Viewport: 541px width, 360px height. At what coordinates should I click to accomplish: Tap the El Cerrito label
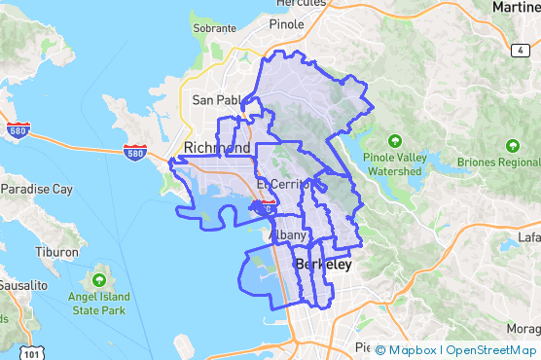pyautogui.click(x=282, y=184)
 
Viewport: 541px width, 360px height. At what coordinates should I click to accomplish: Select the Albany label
pyautogui.click(x=287, y=235)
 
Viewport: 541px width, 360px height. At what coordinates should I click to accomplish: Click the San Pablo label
pyautogui.click(x=217, y=100)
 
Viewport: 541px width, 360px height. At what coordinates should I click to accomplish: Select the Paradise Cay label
pyautogui.click(x=36, y=188)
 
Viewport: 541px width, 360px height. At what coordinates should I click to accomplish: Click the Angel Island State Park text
pyautogui.click(x=99, y=304)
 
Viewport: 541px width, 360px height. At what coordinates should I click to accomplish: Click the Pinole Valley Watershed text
pyautogui.click(x=394, y=163)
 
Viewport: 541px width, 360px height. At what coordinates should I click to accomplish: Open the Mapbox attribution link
pyautogui.click(x=410, y=350)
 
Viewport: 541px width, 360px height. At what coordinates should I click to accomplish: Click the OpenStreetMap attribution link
pyautogui.click(x=490, y=350)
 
